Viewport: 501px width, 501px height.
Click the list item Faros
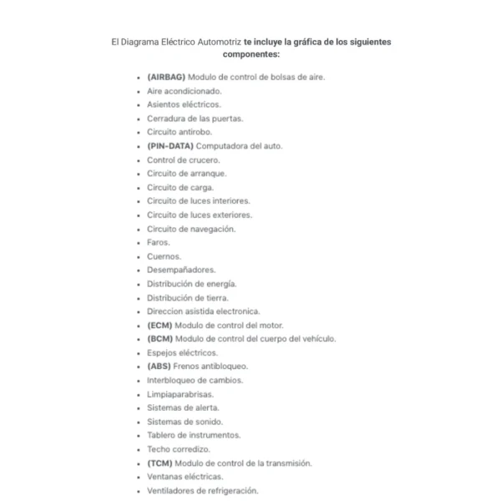click(159, 242)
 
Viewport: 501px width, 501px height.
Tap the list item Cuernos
click(164, 256)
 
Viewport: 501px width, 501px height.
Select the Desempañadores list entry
click(181, 270)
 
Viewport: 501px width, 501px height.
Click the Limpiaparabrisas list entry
click(180, 393)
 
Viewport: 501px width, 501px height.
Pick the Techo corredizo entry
click(179, 448)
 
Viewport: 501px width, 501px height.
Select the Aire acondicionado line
click(185, 90)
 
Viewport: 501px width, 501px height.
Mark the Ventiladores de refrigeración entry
click(203, 490)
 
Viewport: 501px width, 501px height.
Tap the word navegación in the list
click(214, 229)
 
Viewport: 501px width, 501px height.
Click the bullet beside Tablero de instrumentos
click(138, 435)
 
